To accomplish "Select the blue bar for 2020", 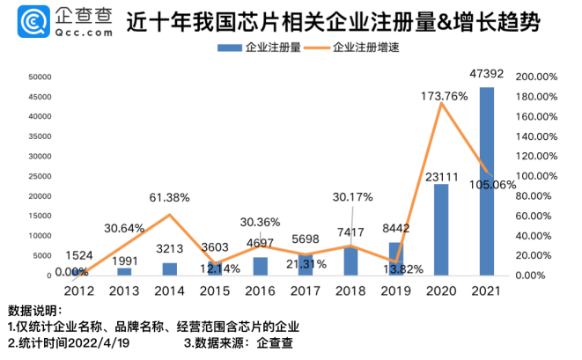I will [441, 230].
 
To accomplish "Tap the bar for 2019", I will [395, 258].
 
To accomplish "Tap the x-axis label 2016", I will [260, 290].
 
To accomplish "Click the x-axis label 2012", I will [78, 290].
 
